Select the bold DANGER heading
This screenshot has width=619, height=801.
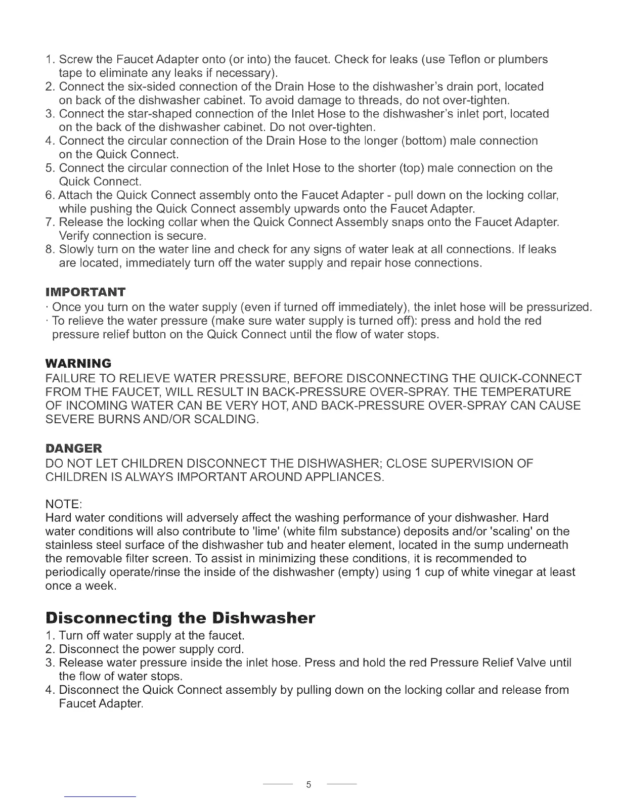(x=73, y=448)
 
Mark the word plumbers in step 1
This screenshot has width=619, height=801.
(x=523, y=59)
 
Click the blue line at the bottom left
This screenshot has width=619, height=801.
(x=101, y=797)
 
